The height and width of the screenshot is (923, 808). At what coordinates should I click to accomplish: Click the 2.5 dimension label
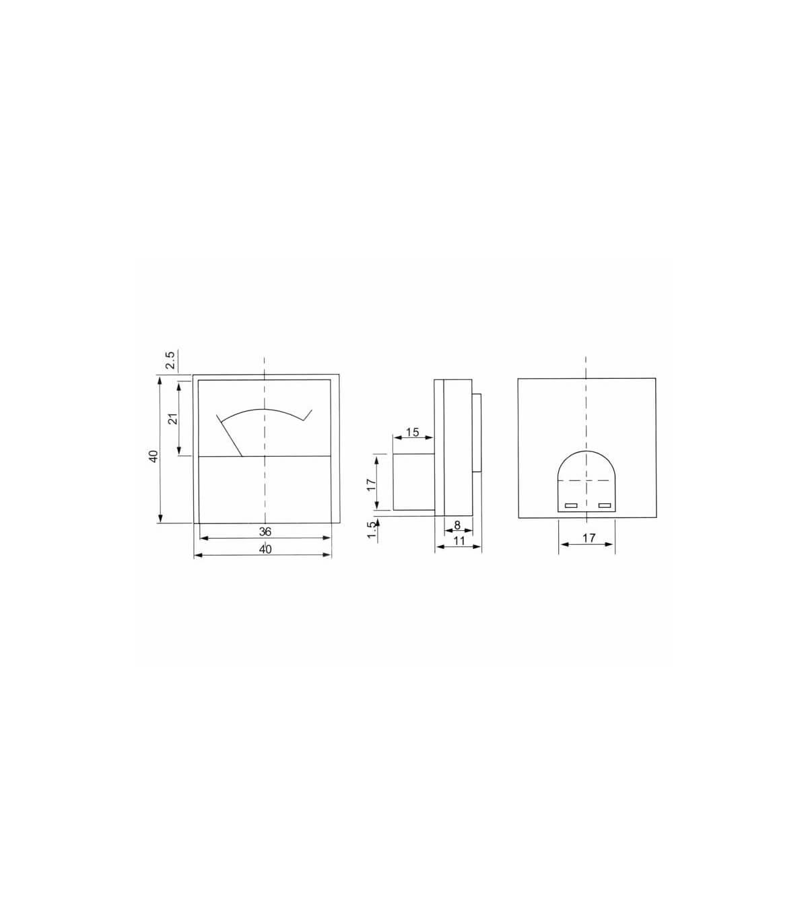coord(170,361)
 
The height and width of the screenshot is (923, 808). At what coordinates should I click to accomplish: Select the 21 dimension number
coord(173,418)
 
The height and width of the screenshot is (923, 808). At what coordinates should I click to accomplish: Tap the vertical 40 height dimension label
coord(154,456)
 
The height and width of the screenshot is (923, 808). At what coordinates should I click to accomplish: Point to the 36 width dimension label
coord(265,531)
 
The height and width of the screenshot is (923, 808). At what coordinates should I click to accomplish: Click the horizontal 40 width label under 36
coord(265,549)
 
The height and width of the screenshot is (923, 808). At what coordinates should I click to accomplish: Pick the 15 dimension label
coord(413,432)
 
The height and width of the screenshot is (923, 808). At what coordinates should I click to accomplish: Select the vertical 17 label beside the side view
coord(371,484)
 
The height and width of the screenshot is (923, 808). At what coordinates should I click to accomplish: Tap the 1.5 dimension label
coord(372,529)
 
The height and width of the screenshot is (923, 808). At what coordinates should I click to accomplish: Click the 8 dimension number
coord(457,525)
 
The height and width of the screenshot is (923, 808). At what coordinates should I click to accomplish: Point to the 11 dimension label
coord(459,540)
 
